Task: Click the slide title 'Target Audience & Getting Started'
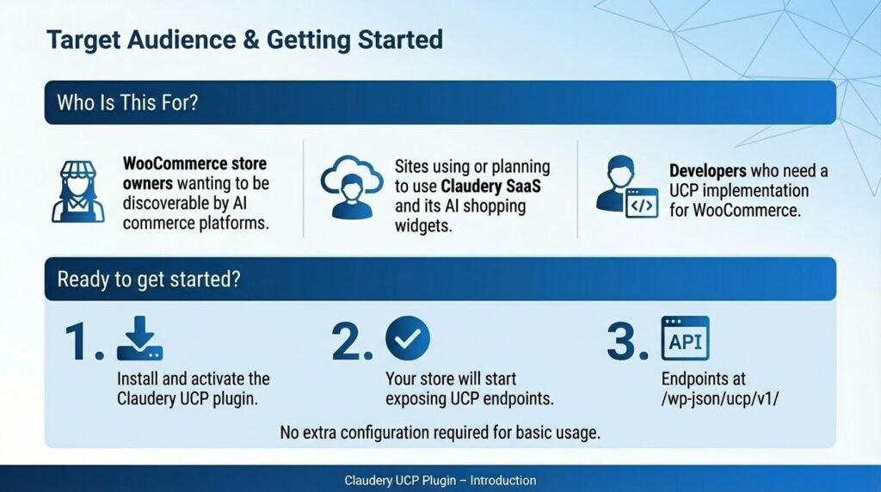(244, 40)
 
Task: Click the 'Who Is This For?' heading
(127, 102)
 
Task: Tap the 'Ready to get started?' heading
(149, 280)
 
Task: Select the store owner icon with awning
(78, 192)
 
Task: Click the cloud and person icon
(352, 187)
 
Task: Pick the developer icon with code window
(626, 187)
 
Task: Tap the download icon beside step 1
(140, 338)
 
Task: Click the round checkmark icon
(408, 338)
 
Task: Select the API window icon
(686, 338)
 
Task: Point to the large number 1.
(84, 341)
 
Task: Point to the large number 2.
(352, 341)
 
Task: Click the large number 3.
(627, 341)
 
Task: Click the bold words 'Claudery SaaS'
(490, 186)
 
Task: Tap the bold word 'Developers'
(707, 171)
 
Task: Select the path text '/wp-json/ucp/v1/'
(720, 399)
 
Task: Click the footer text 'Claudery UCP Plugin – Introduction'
(440, 481)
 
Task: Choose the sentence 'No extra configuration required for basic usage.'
(440, 433)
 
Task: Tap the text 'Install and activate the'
(194, 378)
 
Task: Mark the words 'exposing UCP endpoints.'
(470, 399)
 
